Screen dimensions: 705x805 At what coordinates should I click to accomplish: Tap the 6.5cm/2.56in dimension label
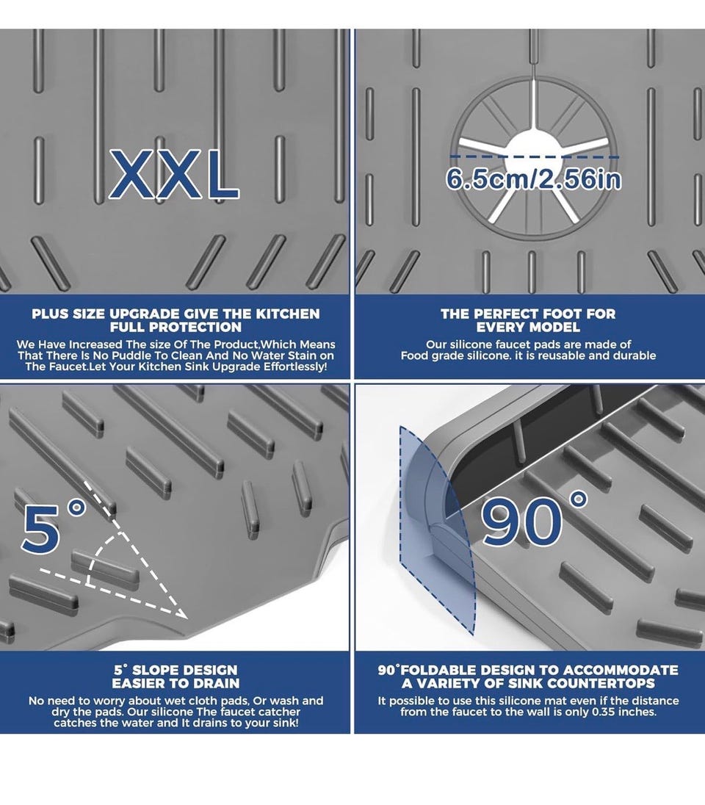[x=533, y=179]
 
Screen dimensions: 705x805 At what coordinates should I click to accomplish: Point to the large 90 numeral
[x=521, y=524]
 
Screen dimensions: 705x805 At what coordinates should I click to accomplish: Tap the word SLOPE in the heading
[x=154, y=670]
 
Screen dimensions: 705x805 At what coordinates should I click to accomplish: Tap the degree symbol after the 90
[x=579, y=499]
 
